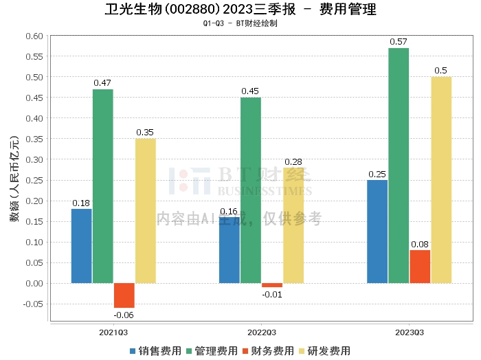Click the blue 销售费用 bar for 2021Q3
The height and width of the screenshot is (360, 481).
tap(81, 246)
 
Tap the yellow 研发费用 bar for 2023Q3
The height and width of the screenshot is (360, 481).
tap(441, 180)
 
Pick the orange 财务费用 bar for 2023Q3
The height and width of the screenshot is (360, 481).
tap(420, 267)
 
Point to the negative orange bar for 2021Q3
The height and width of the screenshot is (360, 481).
tap(124, 295)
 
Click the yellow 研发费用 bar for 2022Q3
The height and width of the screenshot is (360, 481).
tap(293, 225)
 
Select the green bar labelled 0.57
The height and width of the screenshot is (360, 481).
tap(399, 166)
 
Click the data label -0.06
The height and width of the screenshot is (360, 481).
tap(124, 315)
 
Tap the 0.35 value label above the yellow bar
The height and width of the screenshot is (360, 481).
tap(145, 133)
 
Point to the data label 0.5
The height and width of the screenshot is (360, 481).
tap(441, 71)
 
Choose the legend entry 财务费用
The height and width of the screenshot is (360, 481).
tap(268, 351)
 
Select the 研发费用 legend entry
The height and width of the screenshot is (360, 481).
tap(324, 351)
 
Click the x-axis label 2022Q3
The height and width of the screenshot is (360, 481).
tap(261, 332)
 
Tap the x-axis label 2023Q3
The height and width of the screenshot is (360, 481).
tap(409, 332)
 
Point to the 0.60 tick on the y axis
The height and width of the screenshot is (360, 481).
tap(34, 36)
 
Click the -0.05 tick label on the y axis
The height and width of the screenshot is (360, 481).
tap(32, 304)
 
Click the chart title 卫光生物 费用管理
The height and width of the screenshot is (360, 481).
tap(240, 10)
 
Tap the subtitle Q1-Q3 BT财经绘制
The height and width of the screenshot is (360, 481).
tap(240, 23)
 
